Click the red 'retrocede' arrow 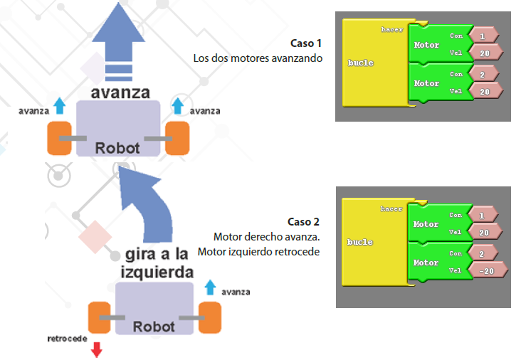tap(97, 349)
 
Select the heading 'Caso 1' tap(307, 43)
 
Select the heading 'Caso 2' tap(304, 222)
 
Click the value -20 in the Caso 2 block tap(488, 270)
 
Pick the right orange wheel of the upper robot tap(177, 137)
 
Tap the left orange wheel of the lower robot tap(100, 317)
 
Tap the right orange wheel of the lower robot tap(211, 317)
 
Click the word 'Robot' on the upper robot tap(118, 149)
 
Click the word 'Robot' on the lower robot tap(154, 327)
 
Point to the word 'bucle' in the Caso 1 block tap(361, 63)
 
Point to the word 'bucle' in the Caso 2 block tap(360, 242)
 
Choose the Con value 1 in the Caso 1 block tap(483, 36)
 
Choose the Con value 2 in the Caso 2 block tap(482, 253)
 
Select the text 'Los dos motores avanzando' tap(258, 58)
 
